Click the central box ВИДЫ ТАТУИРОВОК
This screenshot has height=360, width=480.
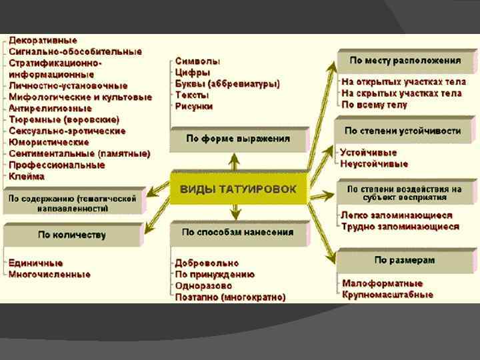pos(238,189)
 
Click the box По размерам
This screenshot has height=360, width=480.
pos(405,260)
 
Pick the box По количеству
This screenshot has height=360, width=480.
pos(73,235)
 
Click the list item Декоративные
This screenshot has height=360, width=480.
pos(43,41)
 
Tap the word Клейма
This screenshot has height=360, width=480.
pos(27,177)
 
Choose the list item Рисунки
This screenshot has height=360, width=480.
pos(194,106)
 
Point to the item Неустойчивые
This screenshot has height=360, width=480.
pos(374,163)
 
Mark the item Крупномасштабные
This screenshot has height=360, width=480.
pos(387,295)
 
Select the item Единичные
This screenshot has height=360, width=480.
pos(36,262)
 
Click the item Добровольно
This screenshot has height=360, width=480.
pos(207,263)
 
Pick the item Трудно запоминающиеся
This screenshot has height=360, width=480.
pos(400,227)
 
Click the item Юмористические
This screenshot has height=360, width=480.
pos(49,142)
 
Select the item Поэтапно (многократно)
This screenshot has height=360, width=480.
pos(230,297)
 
